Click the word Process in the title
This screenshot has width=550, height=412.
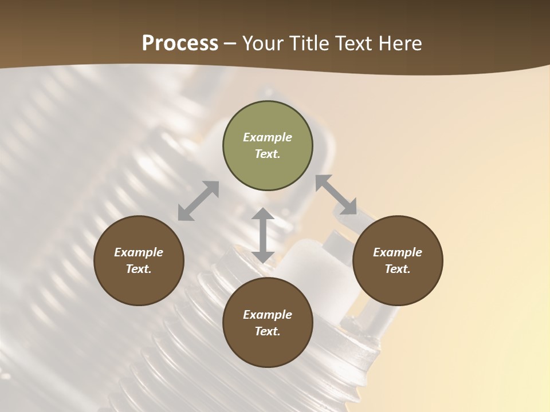[x=180, y=43]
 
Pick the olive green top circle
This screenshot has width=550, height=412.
[x=268, y=146]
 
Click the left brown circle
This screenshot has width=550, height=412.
[x=139, y=261]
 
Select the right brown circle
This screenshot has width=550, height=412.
[x=398, y=261]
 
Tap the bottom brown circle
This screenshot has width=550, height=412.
[x=268, y=323]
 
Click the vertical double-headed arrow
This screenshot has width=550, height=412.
[x=263, y=235]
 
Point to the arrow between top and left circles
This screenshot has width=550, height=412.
[x=198, y=201]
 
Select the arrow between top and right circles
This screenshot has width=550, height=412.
[x=336, y=195]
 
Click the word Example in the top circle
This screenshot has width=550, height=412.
[x=268, y=137]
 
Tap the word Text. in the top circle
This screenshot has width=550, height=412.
[x=268, y=154]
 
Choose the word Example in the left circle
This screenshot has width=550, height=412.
[x=139, y=252]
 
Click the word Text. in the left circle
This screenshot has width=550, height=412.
[x=139, y=269]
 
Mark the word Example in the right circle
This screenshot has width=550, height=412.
[x=398, y=252]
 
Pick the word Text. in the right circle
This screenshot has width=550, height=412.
[x=398, y=269]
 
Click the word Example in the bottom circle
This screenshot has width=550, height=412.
[x=268, y=315]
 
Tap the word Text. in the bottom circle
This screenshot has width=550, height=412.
[x=268, y=331]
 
